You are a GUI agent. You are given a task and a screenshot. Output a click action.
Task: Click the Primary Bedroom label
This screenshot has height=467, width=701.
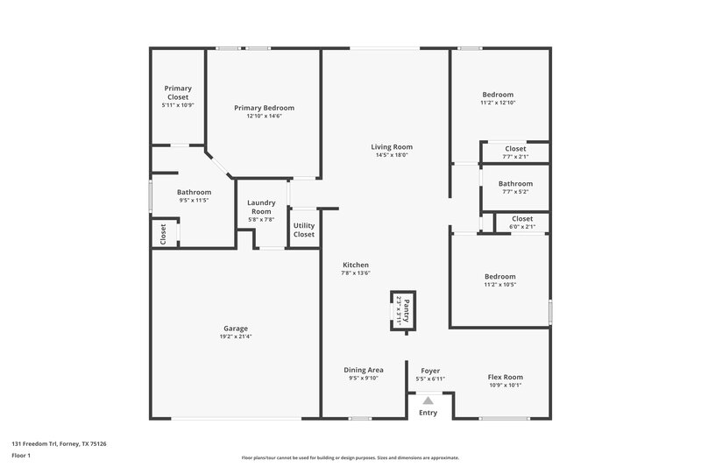click(x=264, y=108)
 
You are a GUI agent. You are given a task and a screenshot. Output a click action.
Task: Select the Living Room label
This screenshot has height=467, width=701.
click(x=392, y=147)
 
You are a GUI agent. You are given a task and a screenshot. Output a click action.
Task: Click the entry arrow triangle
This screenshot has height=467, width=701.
click(x=428, y=400)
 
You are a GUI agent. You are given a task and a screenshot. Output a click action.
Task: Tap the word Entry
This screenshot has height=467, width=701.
click(x=428, y=413)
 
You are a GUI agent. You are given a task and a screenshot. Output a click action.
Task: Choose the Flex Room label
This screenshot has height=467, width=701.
click(x=506, y=378)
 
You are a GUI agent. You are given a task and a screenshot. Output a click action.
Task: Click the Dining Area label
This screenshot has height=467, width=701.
click(x=364, y=370)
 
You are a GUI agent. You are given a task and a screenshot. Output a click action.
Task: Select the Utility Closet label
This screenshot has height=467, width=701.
click(x=304, y=230)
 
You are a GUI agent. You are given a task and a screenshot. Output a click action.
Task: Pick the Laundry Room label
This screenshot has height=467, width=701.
click(x=261, y=207)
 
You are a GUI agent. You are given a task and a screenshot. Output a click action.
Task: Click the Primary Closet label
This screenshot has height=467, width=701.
click(x=178, y=92)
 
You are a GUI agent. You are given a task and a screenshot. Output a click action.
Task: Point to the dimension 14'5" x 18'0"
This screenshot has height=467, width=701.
click(x=392, y=155)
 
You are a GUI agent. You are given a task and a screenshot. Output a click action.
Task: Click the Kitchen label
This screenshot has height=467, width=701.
click(x=355, y=265)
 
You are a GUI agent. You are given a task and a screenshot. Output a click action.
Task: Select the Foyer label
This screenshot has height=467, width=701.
click(x=430, y=370)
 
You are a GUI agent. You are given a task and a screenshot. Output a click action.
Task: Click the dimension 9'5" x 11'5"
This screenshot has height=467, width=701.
click(x=194, y=200)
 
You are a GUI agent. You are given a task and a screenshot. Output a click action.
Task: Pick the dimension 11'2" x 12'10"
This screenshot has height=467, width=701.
click(x=498, y=103)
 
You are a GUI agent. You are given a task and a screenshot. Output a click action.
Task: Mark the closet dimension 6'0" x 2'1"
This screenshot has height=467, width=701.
click(x=522, y=227)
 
